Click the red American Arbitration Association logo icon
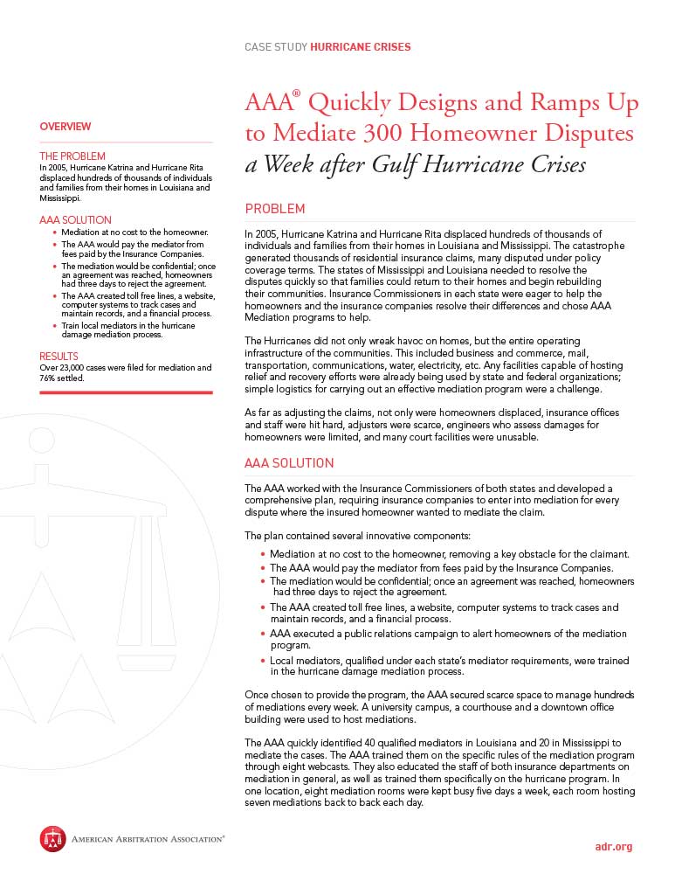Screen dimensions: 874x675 (52, 839)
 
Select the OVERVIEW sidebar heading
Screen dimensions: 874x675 (65, 127)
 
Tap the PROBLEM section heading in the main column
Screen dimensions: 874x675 (275, 209)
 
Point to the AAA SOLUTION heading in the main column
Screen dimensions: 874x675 (289, 462)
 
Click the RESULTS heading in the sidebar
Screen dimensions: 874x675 (59, 357)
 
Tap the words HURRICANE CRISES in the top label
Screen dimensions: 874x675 (361, 47)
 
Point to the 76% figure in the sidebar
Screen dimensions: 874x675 (49, 378)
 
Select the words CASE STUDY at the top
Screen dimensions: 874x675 (276, 47)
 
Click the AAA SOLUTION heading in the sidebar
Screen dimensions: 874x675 (76, 219)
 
